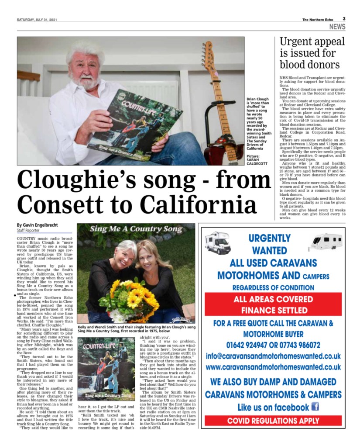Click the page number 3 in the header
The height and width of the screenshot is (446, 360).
click(x=344, y=19)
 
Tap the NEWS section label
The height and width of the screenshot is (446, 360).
click(x=337, y=27)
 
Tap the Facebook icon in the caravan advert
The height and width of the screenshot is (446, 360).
click(x=315, y=407)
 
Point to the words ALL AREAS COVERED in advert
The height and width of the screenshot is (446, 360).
click(x=273, y=299)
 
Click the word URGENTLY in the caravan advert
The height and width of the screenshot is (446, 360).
click(x=269, y=239)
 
